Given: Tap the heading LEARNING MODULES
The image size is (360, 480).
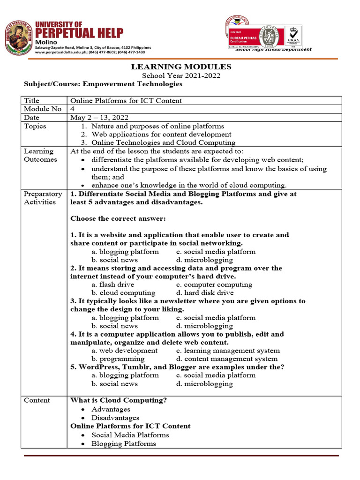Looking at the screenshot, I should (x=181, y=67).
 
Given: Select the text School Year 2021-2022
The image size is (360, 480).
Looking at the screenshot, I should (x=181, y=75).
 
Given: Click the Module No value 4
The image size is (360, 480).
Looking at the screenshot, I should (x=72, y=109).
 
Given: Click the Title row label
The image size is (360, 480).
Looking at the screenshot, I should (x=32, y=100).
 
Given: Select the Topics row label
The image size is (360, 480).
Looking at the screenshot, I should (x=35, y=126).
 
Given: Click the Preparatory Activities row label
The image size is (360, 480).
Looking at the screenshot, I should (x=43, y=198).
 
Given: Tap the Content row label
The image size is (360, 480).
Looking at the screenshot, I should (x=37, y=400).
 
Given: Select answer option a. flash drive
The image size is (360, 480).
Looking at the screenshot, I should (x=112, y=285).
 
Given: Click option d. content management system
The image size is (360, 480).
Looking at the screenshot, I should (x=227, y=359).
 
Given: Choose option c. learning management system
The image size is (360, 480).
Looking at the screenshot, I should (x=228, y=350).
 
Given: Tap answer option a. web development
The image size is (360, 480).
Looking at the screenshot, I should (x=124, y=350).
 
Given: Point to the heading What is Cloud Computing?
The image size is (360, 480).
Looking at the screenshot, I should (x=119, y=400).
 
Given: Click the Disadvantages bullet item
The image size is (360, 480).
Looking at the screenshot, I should (x=115, y=418).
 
